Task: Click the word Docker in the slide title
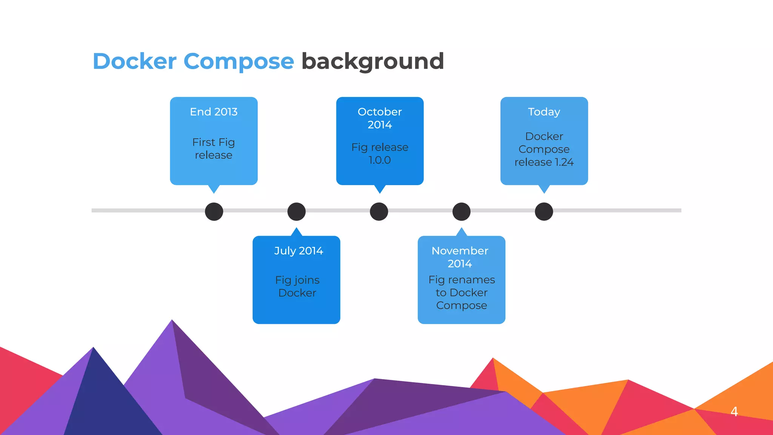pos(134,61)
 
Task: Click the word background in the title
pos(372,62)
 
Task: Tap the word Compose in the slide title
pos(239,62)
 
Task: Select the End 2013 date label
pos(214,112)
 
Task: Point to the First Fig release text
pos(214,148)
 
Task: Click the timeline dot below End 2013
pos(214,211)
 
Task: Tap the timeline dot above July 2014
pos(297,211)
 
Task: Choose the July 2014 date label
pos(299,251)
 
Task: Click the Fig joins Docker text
pos(297,286)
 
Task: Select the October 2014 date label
pos(380,118)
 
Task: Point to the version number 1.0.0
pos(380,160)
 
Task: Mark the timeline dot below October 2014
pos(379,211)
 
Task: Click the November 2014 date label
pos(460,257)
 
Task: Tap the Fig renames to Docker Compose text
pos(462,292)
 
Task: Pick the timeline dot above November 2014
pos(462,211)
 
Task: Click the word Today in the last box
pos(544,112)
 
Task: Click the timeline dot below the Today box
pos(544,211)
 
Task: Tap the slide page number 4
pos(734,411)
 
